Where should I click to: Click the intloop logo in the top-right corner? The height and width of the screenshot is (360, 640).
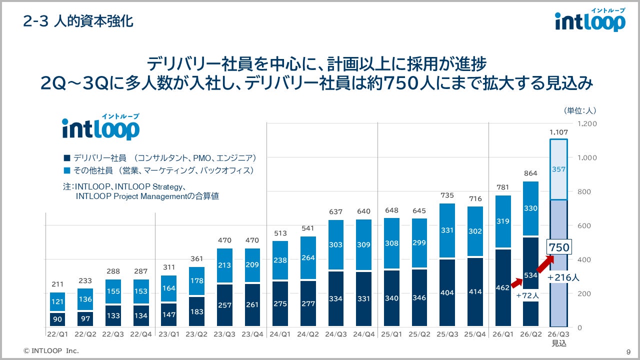(x=590, y=21)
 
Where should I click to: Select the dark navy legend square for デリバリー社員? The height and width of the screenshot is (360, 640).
(x=66, y=158)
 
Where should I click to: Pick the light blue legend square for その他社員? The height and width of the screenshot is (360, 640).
(x=66, y=170)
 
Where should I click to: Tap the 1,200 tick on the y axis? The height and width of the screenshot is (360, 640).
(x=587, y=123)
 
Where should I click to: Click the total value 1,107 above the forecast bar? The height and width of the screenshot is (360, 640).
(x=558, y=132)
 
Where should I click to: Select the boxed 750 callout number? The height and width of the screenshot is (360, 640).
(x=558, y=247)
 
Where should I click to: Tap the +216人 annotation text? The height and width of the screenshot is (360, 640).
(x=563, y=277)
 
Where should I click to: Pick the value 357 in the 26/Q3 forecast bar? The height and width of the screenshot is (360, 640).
(x=558, y=169)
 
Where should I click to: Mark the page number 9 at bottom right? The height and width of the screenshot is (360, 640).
(x=628, y=351)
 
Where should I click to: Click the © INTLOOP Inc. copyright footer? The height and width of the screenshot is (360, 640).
(x=51, y=351)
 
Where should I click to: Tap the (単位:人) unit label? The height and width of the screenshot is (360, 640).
(x=579, y=110)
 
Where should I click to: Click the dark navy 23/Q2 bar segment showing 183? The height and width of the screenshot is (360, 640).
(x=197, y=311)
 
